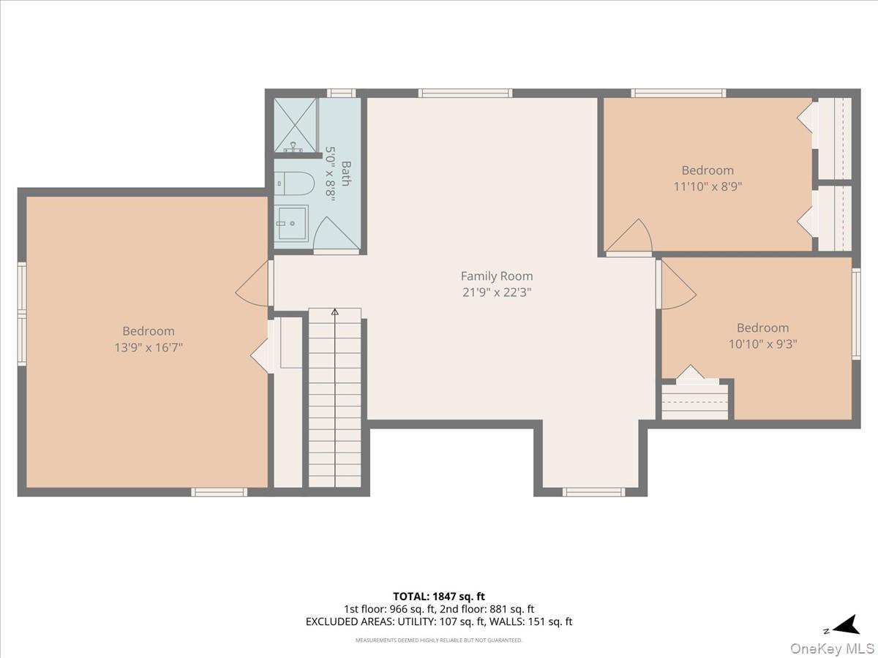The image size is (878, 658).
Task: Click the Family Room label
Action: [496, 276]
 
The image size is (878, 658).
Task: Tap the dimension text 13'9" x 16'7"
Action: [149, 347]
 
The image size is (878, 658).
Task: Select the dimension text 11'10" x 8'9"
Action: [708, 186]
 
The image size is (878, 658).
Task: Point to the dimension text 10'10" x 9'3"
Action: [763, 344]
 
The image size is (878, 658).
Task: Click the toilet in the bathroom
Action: [294, 184]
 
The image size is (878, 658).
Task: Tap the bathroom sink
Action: [292, 223]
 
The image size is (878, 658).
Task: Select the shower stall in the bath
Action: [296, 125]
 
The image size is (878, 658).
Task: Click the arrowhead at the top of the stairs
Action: [335, 311]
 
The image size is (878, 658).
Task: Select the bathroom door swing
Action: [335, 235]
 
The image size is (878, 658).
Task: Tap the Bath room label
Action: [346, 173]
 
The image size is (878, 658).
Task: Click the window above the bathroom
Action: [341, 93]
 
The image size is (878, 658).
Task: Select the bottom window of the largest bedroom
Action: [219, 492]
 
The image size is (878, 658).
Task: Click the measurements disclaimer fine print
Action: [439, 640]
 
